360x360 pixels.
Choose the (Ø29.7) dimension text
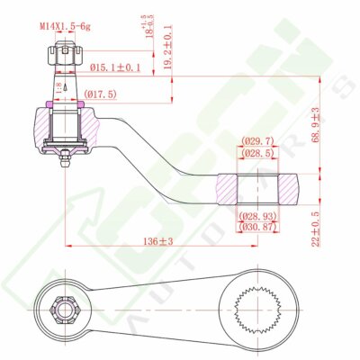pos(257,141)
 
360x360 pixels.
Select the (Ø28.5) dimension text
pos(257,153)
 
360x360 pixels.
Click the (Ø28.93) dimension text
pos(257,217)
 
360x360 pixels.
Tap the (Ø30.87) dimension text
pos(257,228)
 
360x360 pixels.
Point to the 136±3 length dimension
pos(158,242)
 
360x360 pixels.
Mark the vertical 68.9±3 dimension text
pos(316,127)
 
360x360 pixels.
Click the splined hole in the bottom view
pos(256,310)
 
